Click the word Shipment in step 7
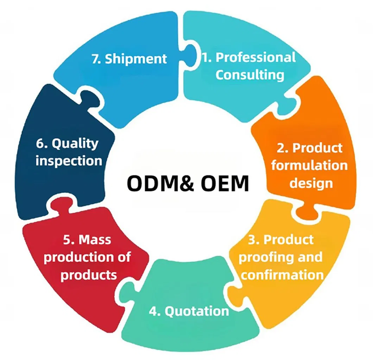[x=136, y=59]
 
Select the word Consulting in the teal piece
[x=249, y=75]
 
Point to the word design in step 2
[x=311, y=183]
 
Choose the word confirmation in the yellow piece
[x=282, y=274]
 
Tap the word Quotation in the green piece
[x=197, y=311]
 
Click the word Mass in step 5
[x=95, y=240]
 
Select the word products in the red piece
[x=88, y=274]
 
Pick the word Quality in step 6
[x=75, y=143]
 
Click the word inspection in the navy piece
[x=69, y=161]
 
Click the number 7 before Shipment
[x=95, y=59]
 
